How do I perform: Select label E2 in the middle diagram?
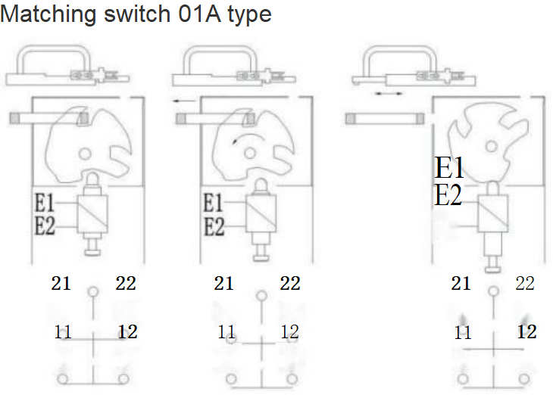[x=214, y=225]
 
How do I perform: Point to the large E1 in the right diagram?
[x=449, y=167]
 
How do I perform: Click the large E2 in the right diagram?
[x=448, y=196]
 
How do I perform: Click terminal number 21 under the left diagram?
[x=61, y=284]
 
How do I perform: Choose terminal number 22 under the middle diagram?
[x=289, y=284]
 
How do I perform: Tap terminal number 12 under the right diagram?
[x=526, y=331]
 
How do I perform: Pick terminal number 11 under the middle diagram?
[x=226, y=331]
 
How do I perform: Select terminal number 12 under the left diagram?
[x=127, y=331]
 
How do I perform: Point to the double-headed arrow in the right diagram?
[x=388, y=93]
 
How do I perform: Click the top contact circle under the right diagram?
[x=493, y=291]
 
